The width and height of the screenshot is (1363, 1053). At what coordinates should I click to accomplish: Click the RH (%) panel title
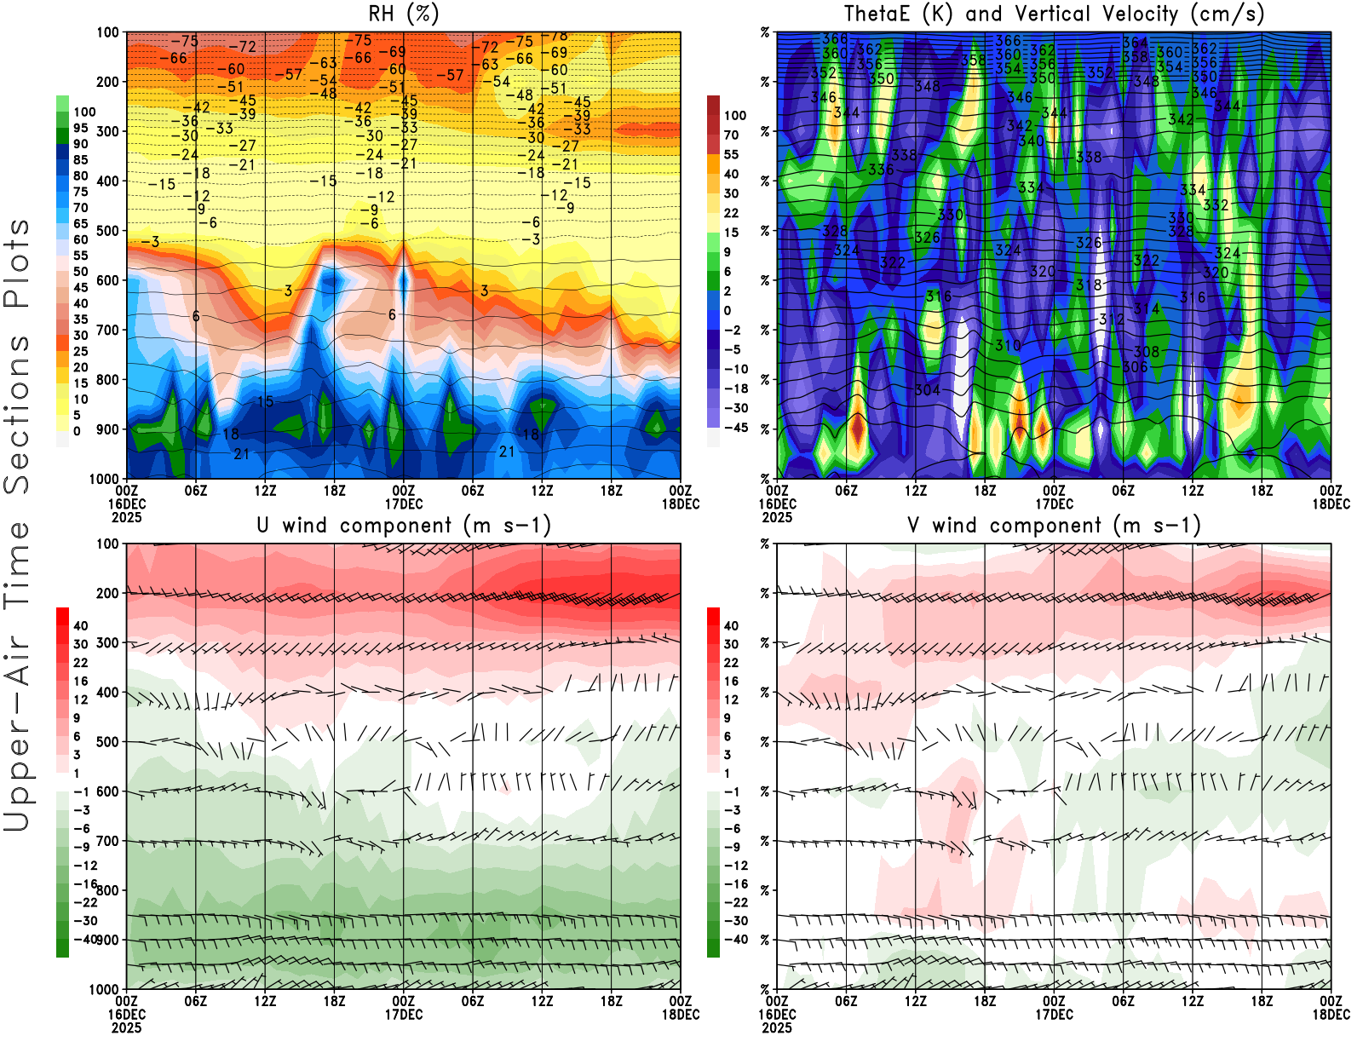pyautogui.click(x=404, y=14)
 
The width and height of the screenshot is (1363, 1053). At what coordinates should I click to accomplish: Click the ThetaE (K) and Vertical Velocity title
pyautogui.click(x=1054, y=14)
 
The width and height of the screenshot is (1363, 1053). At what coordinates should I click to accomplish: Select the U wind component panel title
pyautogui.click(x=404, y=526)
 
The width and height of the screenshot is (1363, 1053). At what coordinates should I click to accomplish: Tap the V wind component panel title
pyautogui.click(x=1054, y=526)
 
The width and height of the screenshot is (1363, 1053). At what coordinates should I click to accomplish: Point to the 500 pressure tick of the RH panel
pyautogui.click(x=107, y=231)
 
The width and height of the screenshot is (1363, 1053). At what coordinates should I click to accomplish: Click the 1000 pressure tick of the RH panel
pyautogui.click(x=104, y=479)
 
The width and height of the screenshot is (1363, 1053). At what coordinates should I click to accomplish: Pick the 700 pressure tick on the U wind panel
pyautogui.click(x=107, y=841)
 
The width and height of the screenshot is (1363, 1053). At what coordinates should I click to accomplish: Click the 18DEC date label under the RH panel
pyautogui.click(x=681, y=503)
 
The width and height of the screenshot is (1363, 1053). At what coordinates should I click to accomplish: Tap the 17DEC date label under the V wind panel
pyautogui.click(x=1054, y=1015)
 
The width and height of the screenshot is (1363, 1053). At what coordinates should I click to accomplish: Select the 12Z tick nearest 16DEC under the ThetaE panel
pyautogui.click(x=916, y=491)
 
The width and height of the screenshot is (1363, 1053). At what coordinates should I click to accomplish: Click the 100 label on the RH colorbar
pyautogui.click(x=84, y=112)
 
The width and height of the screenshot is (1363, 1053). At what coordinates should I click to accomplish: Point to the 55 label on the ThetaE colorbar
pyautogui.click(x=731, y=154)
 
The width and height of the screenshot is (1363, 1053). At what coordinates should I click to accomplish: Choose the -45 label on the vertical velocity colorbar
pyautogui.click(x=735, y=428)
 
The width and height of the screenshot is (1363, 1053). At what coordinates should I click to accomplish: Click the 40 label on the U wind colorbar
pyautogui.click(x=81, y=625)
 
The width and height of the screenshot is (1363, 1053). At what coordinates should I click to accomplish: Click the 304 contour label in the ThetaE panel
pyautogui.click(x=927, y=390)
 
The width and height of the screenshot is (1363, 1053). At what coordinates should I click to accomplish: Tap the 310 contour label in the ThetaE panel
pyautogui.click(x=1008, y=345)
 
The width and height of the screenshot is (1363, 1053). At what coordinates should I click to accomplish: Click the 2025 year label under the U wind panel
pyautogui.click(x=126, y=1027)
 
